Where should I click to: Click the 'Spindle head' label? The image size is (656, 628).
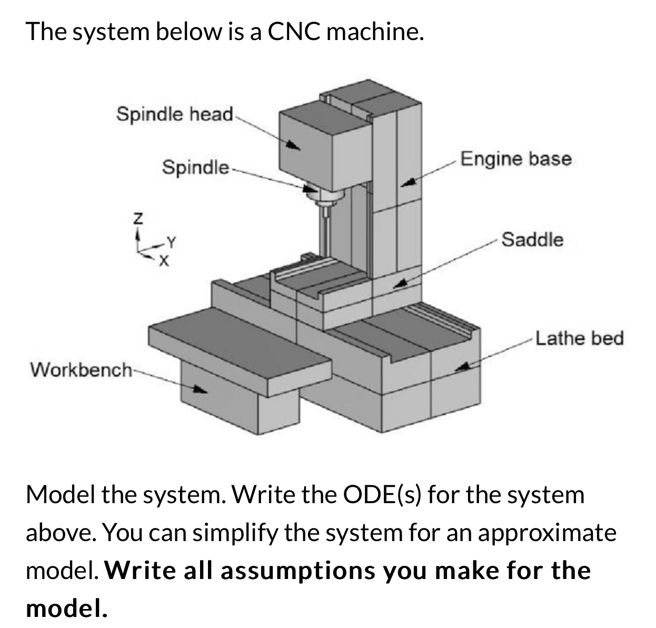175,114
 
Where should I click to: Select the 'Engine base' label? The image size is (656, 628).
515,159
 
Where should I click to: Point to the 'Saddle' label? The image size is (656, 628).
532,240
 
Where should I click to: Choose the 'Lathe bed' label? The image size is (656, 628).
579,338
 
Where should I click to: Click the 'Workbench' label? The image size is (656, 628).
81,369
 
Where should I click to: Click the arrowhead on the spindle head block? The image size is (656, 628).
294,146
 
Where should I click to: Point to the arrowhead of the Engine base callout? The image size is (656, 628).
409,183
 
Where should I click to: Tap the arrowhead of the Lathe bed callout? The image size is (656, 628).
462,367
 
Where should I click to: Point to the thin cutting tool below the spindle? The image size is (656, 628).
325,232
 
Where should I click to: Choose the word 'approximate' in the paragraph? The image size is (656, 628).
547,533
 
